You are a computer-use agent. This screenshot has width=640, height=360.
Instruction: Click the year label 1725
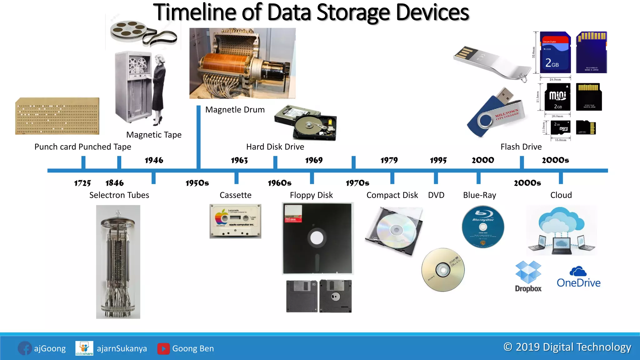point(82,183)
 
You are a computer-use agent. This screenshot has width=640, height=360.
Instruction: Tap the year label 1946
point(154,160)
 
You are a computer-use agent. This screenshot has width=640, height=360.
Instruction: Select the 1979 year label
point(389,160)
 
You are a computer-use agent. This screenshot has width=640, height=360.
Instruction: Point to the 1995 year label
point(438,160)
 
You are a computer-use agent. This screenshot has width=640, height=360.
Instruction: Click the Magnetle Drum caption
point(235,110)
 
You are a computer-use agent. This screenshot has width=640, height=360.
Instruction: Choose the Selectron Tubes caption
point(119,195)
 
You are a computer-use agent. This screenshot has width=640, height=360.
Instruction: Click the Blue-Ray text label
point(479,195)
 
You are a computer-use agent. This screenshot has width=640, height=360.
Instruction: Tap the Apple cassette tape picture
point(235,221)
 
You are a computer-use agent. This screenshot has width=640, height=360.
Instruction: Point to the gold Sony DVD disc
point(443,270)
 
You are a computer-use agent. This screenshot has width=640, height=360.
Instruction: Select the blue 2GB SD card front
point(555,52)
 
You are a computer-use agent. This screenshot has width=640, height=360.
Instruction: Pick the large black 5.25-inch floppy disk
point(317,238)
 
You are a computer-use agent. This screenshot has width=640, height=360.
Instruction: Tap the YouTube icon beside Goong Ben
point(163,348)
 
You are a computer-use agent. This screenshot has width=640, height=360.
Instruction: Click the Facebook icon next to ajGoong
point(25,348)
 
